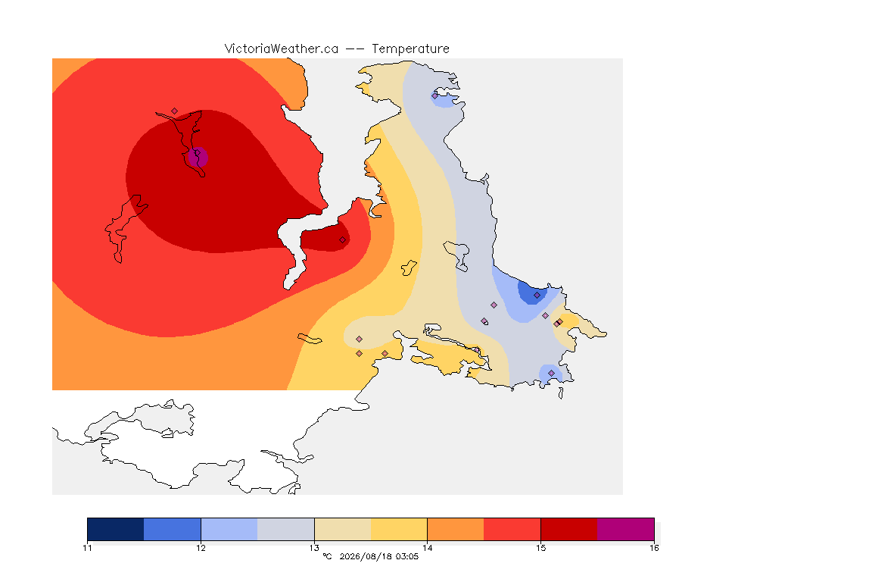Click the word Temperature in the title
coord(410,49)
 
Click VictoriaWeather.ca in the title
coord(282,49)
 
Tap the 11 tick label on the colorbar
coord(87,548)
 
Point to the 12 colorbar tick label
coord(201,548)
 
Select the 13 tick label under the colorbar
coord(314,548)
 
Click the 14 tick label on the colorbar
coord(427,548)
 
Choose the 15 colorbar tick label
coord(540,548)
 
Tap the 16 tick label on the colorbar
coord(654,548)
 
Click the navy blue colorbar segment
coord(116,529)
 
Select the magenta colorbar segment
coord(626,529)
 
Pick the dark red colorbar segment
coord(569,529)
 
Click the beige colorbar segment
coord(343,529)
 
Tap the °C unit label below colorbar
coord(327,556)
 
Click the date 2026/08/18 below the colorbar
coord(366,556)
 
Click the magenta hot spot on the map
coord(198,158)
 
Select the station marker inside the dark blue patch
coord(537,296)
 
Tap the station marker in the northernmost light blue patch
coord(435,95)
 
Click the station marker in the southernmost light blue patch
coord(551,373)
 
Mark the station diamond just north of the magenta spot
coord(175,111)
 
